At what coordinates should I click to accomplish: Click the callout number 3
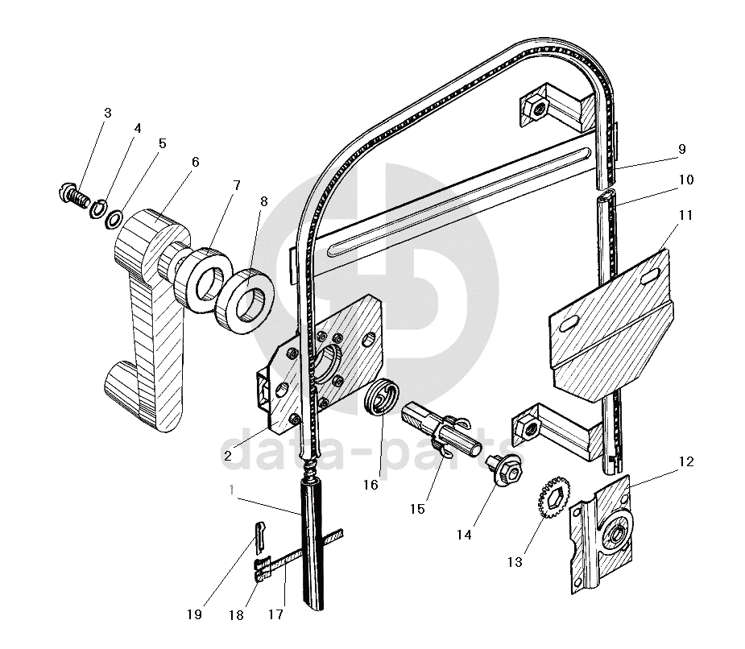[108, 113]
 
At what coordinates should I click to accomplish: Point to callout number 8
[264, 201]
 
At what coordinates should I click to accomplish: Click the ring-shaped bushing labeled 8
[246, 303]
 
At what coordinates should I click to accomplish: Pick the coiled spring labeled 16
[382, 397]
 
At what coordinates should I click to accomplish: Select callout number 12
[686, 461]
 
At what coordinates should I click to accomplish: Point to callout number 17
[275, 614]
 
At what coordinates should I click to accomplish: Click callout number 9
[682, 149]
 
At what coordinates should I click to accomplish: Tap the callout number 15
[417, 510]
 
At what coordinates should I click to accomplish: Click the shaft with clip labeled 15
[441, 429]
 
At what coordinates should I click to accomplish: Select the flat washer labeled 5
[114, 220]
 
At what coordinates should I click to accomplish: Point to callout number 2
[228, 456]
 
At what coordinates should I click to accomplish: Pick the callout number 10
[686, 180]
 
